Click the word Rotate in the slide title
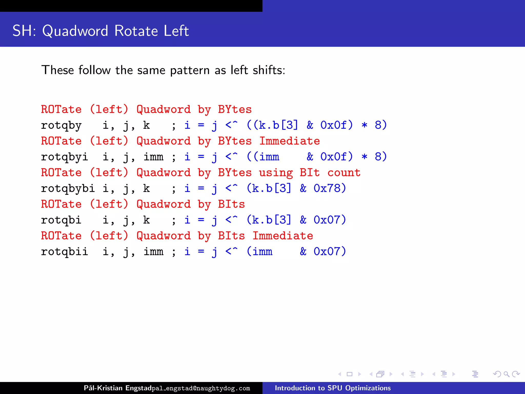tap(136, 31)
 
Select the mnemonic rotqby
tap(61, 125)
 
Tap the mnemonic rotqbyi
tap(65, 157)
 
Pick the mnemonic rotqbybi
tap(68, 189)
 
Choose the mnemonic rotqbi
tap(61, 220)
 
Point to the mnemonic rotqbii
tap(65, 252)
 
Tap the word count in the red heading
tap(344, 173)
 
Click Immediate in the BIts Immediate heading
tap(283, 236)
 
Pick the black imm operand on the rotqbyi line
tap(153, 157)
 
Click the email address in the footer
tap(201, 388)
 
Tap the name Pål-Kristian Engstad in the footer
tap(118, 388)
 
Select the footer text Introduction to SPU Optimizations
tap(332, 388)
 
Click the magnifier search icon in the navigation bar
tap(506, 374)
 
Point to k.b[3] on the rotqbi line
tap(271, 220)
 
